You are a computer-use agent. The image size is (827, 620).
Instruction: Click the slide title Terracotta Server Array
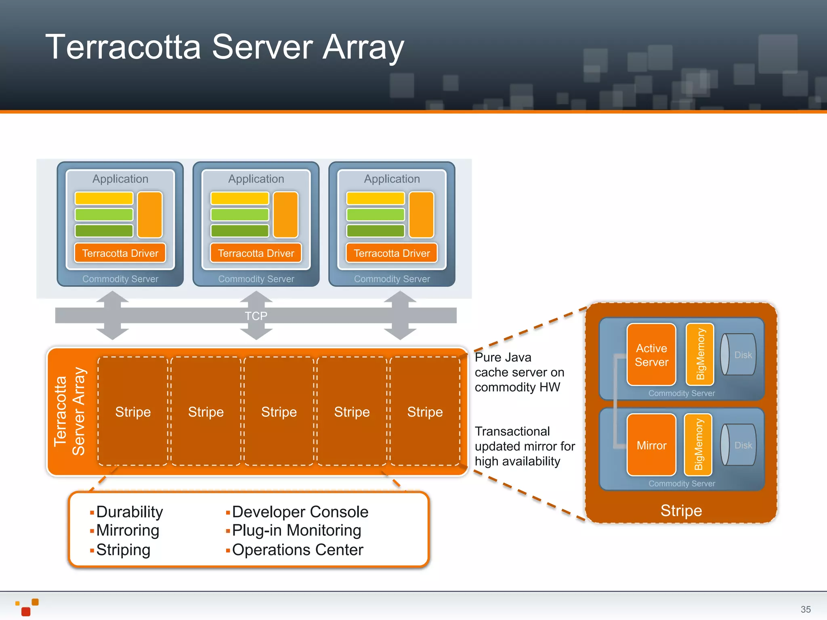coord(225,47)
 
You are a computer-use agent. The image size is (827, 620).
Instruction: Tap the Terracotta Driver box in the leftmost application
coord(120,253)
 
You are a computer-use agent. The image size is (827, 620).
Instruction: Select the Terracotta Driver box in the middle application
coord(256,253)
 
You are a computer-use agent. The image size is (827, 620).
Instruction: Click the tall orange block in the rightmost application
coord(421,215)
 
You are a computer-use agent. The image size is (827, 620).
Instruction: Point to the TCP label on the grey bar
coord(256,316)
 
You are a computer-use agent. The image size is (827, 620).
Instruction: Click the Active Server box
coord(651,355)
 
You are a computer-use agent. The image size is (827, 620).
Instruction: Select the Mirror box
coord(651,445)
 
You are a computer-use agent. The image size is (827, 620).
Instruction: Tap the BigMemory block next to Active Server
coord(700,354)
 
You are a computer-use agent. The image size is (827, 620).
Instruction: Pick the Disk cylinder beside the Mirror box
coord(739,445)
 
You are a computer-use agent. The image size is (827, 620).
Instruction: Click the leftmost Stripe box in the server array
coord(133,412)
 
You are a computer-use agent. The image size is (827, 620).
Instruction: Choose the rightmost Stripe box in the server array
coord(425,412)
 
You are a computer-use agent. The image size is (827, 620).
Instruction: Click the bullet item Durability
coord(129,512)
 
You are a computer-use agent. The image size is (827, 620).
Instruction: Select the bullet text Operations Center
coord(298,550)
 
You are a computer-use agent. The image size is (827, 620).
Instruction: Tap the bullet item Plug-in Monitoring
coord(296,530)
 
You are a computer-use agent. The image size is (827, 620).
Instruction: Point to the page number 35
coord(805,609)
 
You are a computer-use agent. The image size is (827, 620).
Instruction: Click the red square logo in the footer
coord(26,612)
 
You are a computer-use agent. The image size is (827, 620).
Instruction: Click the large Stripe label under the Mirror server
coord(681,511)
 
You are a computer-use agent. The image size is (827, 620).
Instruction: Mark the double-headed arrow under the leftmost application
coord(113,316)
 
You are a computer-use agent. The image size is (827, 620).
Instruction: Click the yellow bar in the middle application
coord(239,199)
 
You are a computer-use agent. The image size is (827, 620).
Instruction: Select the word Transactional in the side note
coord(512,431)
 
